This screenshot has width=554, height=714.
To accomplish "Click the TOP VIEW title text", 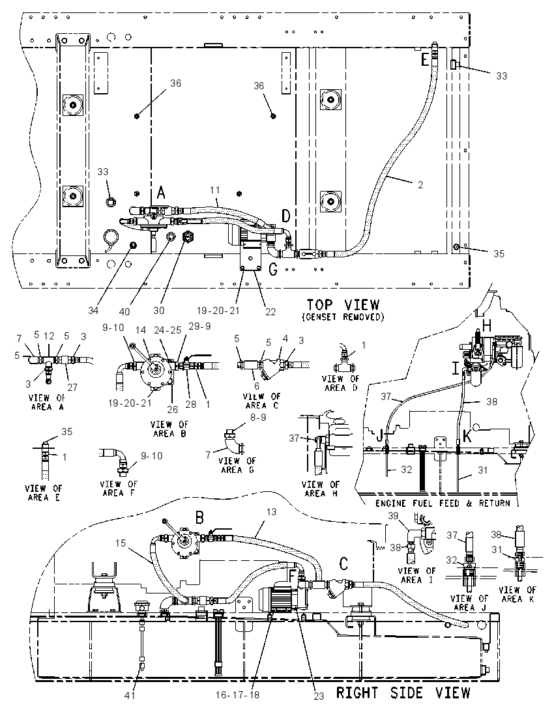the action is coord(343,304).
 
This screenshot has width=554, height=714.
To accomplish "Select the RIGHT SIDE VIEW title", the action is coord(403,693).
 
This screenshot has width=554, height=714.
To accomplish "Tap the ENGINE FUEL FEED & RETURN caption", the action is coord(443,503).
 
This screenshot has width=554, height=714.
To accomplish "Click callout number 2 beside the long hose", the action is coord(420,184).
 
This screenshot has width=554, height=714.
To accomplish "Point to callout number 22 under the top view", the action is coord(270,311).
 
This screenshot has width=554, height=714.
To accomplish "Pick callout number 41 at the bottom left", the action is coord(130,695).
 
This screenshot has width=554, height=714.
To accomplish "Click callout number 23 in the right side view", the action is coord(319,696).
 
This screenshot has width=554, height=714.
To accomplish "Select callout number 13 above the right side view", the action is coord(271,512).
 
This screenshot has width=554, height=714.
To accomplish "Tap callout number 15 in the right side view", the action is coord(121,543).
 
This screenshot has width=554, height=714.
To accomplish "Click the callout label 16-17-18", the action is coord(237,695).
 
